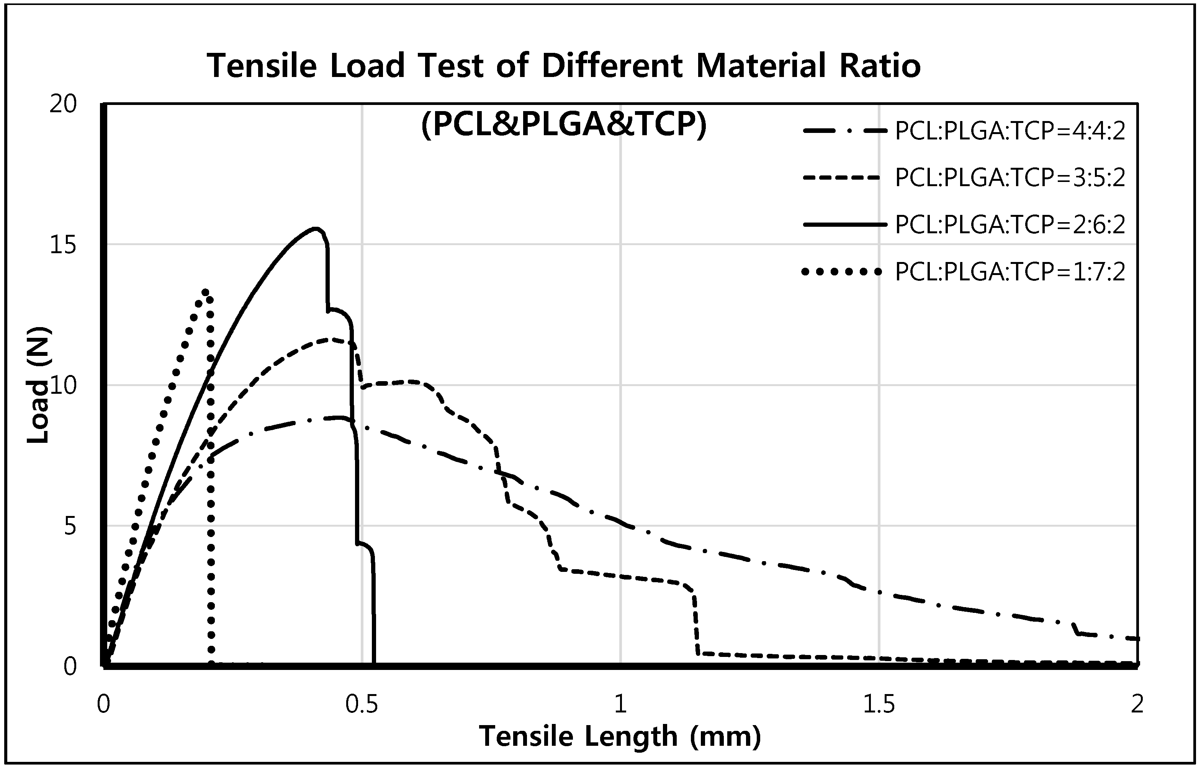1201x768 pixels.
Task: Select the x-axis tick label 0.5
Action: click(x=362, y=705)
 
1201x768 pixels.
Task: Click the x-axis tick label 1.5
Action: click(x=879, y=705)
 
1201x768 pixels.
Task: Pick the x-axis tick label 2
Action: click(x=1137, y=705)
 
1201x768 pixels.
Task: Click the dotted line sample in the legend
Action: click(x=842, y=272)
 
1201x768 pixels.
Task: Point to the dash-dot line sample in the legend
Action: click(x=845, y=132)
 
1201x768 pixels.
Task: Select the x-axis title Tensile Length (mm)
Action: click(x=620, y=737)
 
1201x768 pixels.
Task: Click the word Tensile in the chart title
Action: click(x=262, y=66)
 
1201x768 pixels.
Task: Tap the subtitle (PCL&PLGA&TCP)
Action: click(x=564, y=124)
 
